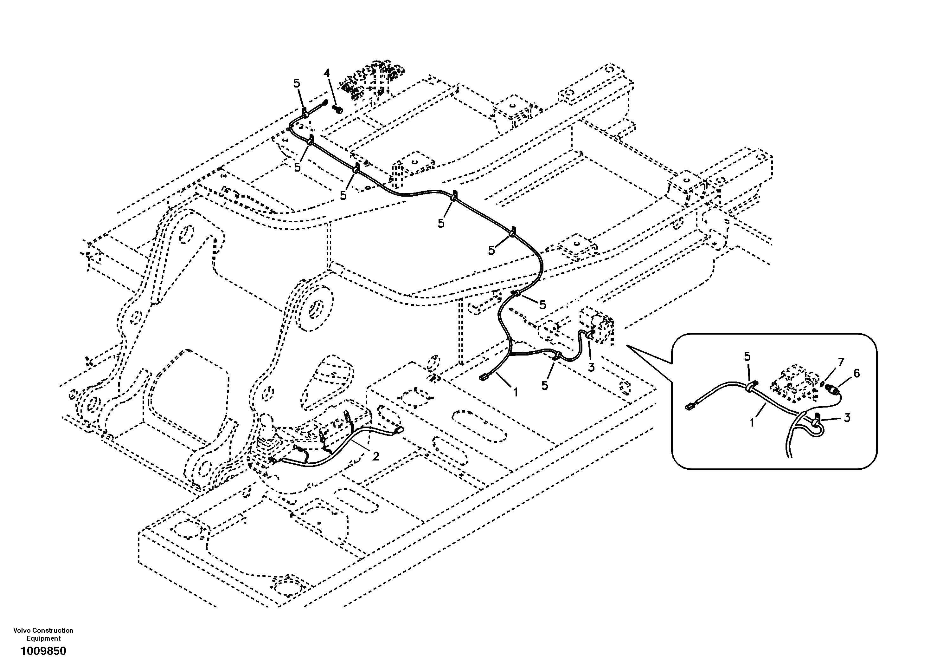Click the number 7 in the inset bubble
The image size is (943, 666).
pyautogui.click(x=841, y=362)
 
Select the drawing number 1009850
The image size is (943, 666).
pyautogui.click(x=43, y=651)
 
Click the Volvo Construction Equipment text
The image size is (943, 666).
pyautogui.click(x=43, y=634)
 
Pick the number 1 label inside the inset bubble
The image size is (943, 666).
pyautogui.click(x=752, y=422)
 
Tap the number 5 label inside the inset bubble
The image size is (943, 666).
pyautogui.click(x=747, y=356)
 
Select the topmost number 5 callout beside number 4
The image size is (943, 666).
pyautogui.click(x=297, y=83)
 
